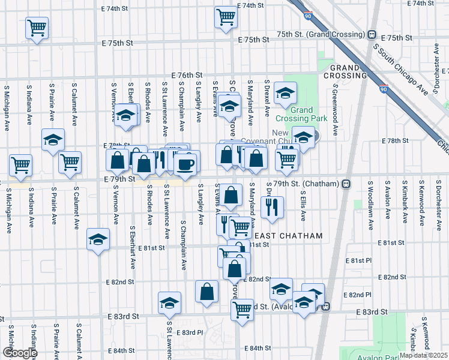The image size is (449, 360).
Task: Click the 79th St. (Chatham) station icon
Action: coord(346,184)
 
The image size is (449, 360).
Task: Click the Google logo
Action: coord(19,353)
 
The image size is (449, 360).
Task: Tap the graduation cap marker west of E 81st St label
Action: coord(97,240)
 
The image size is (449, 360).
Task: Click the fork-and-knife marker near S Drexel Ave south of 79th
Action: coord(272,206)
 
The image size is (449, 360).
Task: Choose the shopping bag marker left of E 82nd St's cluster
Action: coord(206,292)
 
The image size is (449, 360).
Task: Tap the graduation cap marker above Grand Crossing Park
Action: coord(285,93)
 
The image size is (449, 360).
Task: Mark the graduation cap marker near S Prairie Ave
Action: coord(53,140)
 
